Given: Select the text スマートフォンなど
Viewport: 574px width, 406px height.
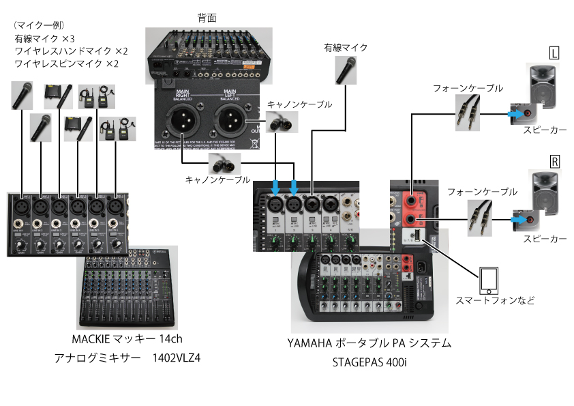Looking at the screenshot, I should click(495, 300).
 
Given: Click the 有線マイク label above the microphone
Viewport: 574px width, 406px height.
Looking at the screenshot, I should click(346, 48).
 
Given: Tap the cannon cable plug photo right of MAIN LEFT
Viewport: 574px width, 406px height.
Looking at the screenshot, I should click(278, 123).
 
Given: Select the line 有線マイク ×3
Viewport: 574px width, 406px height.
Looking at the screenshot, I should click(44, 39).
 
